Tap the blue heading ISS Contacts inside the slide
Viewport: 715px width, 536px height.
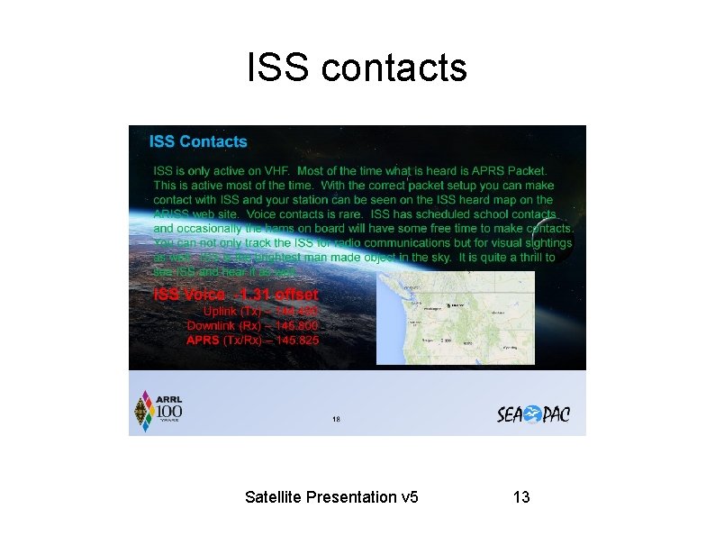coord(198,141)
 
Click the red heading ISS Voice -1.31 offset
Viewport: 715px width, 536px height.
coord(236,295)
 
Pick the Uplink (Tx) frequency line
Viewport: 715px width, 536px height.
coord(260,311)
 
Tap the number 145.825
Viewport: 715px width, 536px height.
coord(297,341)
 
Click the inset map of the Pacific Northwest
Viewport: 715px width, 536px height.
coord(455,317)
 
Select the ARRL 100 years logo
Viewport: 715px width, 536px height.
coord(158,412)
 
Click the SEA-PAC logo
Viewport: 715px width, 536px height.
coord(533,414)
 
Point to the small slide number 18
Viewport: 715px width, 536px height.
coord(337,419)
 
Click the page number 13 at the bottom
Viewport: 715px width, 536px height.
coord(520,497)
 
